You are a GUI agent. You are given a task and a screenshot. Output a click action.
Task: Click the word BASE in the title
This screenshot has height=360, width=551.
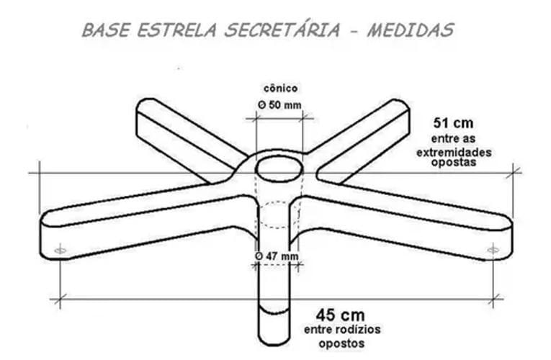104,30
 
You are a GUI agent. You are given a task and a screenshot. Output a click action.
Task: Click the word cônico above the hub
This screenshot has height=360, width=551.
279,89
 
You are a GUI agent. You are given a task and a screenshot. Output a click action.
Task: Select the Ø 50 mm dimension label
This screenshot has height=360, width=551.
279,105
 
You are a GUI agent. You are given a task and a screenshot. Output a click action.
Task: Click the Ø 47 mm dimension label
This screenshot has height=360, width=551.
277,256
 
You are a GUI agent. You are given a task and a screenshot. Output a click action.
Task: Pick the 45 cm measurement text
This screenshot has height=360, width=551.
340,315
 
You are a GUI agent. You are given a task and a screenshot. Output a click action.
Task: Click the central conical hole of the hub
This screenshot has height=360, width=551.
279,168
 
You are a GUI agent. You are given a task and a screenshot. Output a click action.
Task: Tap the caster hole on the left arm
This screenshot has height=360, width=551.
60,250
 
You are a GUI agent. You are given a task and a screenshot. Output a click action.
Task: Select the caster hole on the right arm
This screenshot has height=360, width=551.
493,249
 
